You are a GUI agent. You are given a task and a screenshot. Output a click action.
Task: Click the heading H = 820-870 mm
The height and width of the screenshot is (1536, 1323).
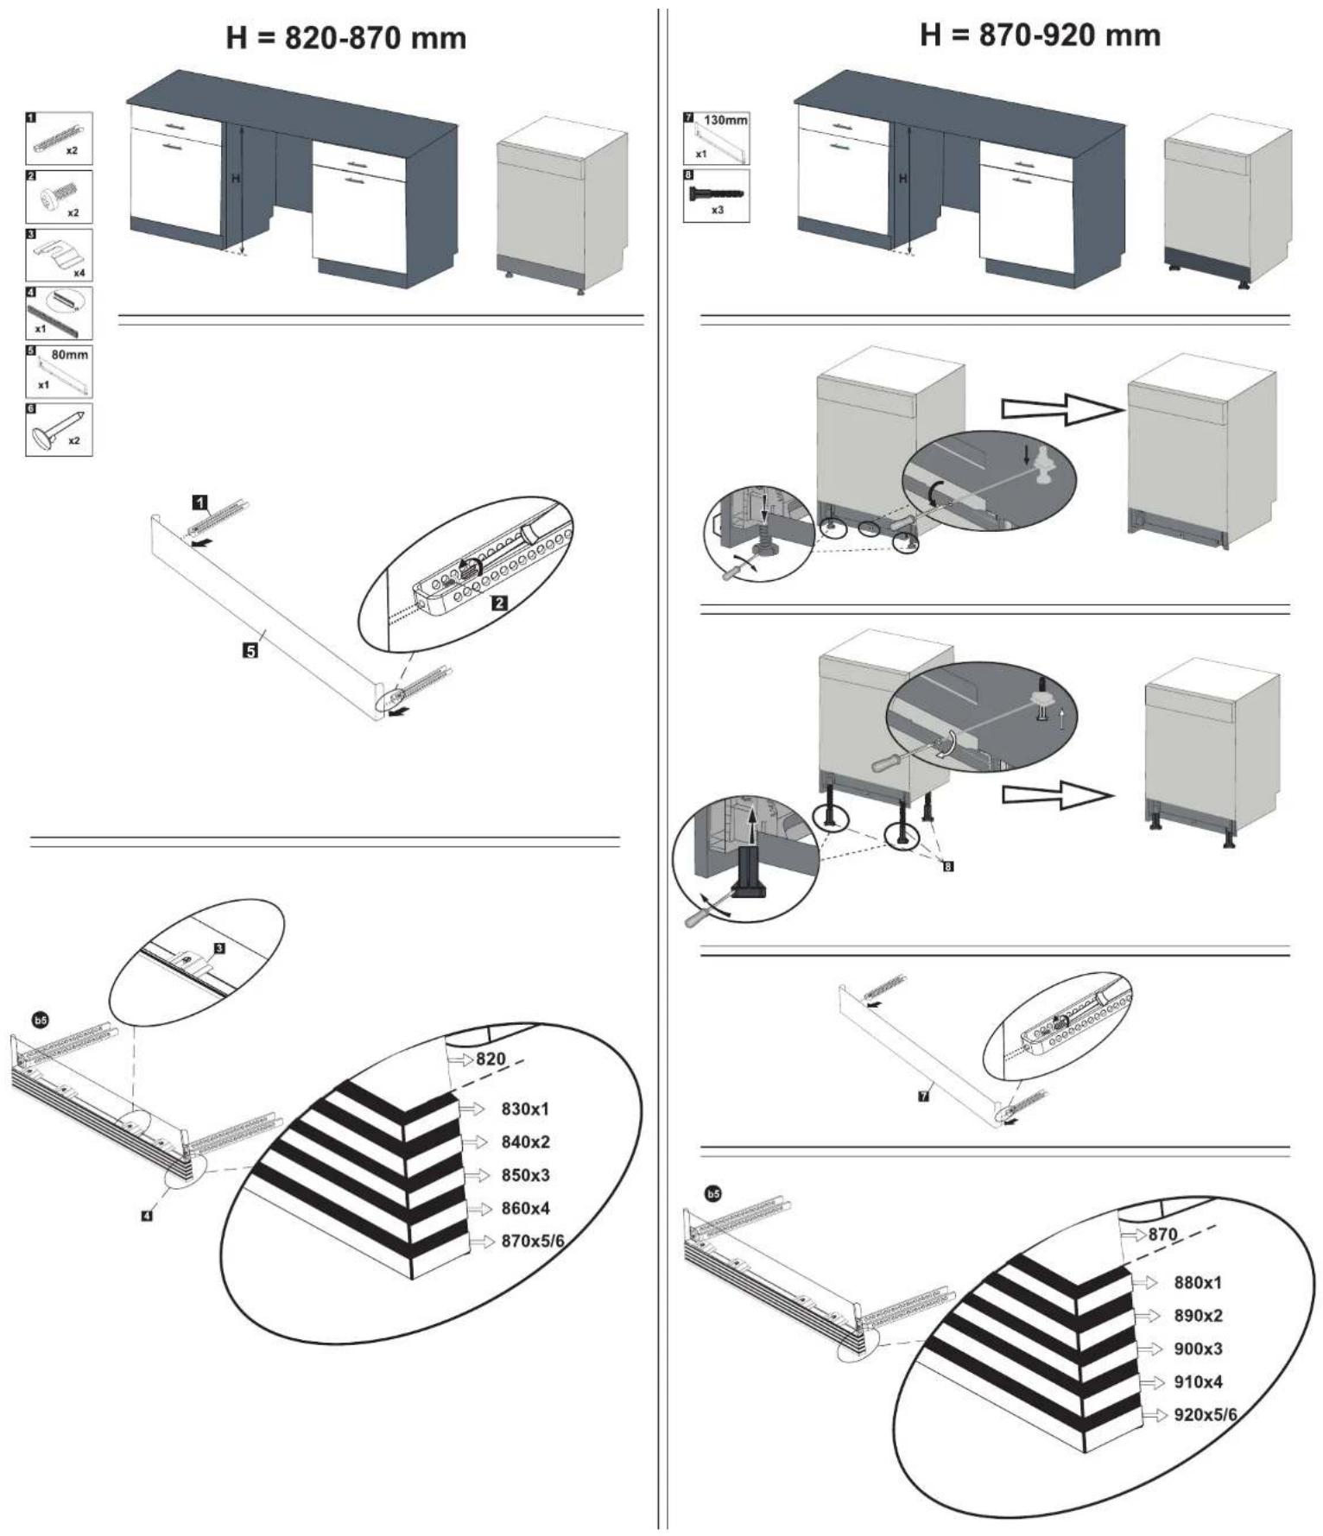pos(345,39)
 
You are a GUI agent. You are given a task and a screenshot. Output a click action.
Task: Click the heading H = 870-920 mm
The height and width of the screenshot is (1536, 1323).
pos(1040,35)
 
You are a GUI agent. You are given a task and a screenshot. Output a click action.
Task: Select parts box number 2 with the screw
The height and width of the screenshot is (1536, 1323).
pos(59,197)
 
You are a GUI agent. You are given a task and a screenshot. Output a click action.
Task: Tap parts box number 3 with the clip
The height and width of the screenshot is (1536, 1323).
pos(59,255)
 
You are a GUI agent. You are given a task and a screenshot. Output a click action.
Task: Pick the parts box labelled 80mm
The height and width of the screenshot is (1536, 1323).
pos(59,371)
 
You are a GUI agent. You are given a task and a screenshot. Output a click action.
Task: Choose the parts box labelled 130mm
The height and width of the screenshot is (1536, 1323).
pos(717,138)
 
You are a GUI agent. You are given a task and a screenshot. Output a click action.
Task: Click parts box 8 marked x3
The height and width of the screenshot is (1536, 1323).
pos(717,196)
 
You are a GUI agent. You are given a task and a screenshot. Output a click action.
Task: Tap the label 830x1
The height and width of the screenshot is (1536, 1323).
pos(524,1109)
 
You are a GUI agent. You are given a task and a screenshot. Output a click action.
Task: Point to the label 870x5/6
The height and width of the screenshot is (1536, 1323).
pos(533,1242)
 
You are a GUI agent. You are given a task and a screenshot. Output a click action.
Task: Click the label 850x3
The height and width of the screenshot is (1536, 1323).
pos(525,1175)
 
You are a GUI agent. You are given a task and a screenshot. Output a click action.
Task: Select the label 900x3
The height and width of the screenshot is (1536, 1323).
pos(1198,1349)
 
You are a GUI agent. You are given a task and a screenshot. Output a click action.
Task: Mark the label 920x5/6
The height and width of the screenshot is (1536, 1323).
pos(1206,1415)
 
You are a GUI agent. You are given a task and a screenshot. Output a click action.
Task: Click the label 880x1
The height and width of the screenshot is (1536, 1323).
pos(1198,1282)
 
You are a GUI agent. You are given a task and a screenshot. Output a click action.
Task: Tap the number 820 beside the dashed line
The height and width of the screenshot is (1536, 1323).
pos(491,1059)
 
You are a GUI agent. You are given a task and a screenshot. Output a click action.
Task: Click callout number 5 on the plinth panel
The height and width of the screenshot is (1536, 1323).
pos(250,651)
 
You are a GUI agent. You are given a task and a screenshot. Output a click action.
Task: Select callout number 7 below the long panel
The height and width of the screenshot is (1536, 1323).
pos(923,1097)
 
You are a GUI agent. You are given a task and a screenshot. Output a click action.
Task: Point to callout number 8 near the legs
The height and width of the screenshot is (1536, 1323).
pos(948,866)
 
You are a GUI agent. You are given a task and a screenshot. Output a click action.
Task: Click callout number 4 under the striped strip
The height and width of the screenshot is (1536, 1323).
pos(147,1216)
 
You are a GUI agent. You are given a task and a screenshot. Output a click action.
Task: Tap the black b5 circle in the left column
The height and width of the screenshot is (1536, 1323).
pos(41,1021)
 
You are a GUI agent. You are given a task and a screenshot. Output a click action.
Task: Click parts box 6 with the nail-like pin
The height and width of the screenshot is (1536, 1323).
pos(59,429)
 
